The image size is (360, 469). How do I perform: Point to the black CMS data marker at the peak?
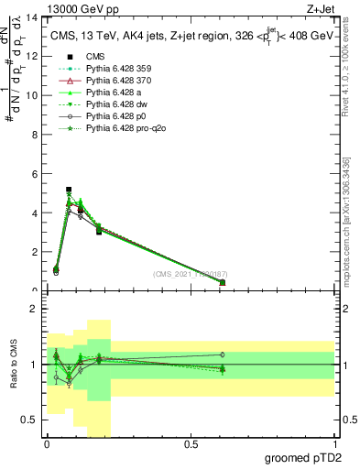coord(69,190)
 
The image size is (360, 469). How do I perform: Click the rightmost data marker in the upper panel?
coord(223,282)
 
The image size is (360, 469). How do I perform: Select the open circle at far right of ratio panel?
coord(223,354)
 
